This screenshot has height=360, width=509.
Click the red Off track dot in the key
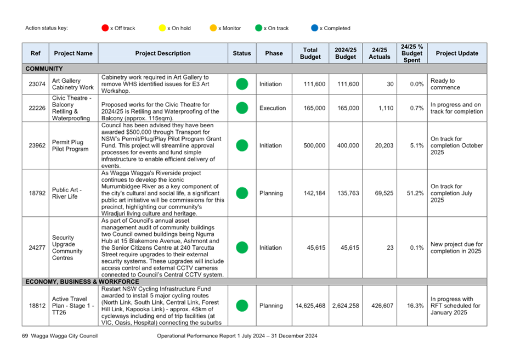pyautogui.click(x=105, y=28)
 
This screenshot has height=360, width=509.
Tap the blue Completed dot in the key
pyautogui.click(x=314, y=28)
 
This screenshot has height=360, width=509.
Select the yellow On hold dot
pyautogui.click(x=162, y=28)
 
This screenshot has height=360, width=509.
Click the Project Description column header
pyautogui.click(x=163, y=53)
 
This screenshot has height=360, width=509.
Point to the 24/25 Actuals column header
pyautogui.click(x=380, y=53)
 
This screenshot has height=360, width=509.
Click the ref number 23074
pyautogui.click(x=37, y=84)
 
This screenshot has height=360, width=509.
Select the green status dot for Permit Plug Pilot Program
pyautogui.click(x=242, y=145)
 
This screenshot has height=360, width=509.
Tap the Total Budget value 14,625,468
pyautogui.click(x=310, y=306)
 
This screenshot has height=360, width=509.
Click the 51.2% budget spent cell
pyautogui.click(x=415, y=193)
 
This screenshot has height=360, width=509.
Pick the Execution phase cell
pyautogui.click(x=273, y=108)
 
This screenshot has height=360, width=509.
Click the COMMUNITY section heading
pyautogui.click(x=44, y=69)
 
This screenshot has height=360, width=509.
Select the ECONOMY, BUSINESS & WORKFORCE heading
pyautogui.click(x=82, y=282)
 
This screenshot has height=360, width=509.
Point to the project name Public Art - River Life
pyautogui.click(x=67, y=193)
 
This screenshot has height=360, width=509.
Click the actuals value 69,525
pyautogui.click(x=384, y=193)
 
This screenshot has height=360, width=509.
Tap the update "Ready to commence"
pyautogui.click(x=445, y=84)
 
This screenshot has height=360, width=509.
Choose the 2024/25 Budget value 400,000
pyautogui.click(x=348, y=145)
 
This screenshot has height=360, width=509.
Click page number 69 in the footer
pyautogui.click(x=25, y=336)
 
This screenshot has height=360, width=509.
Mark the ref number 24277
pyautogui.click(x=37, y=248)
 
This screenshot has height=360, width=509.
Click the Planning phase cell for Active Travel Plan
pyautogui.click(x=271, y=306)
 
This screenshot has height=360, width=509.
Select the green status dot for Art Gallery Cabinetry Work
pyautogui.click(x=242, y=84)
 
